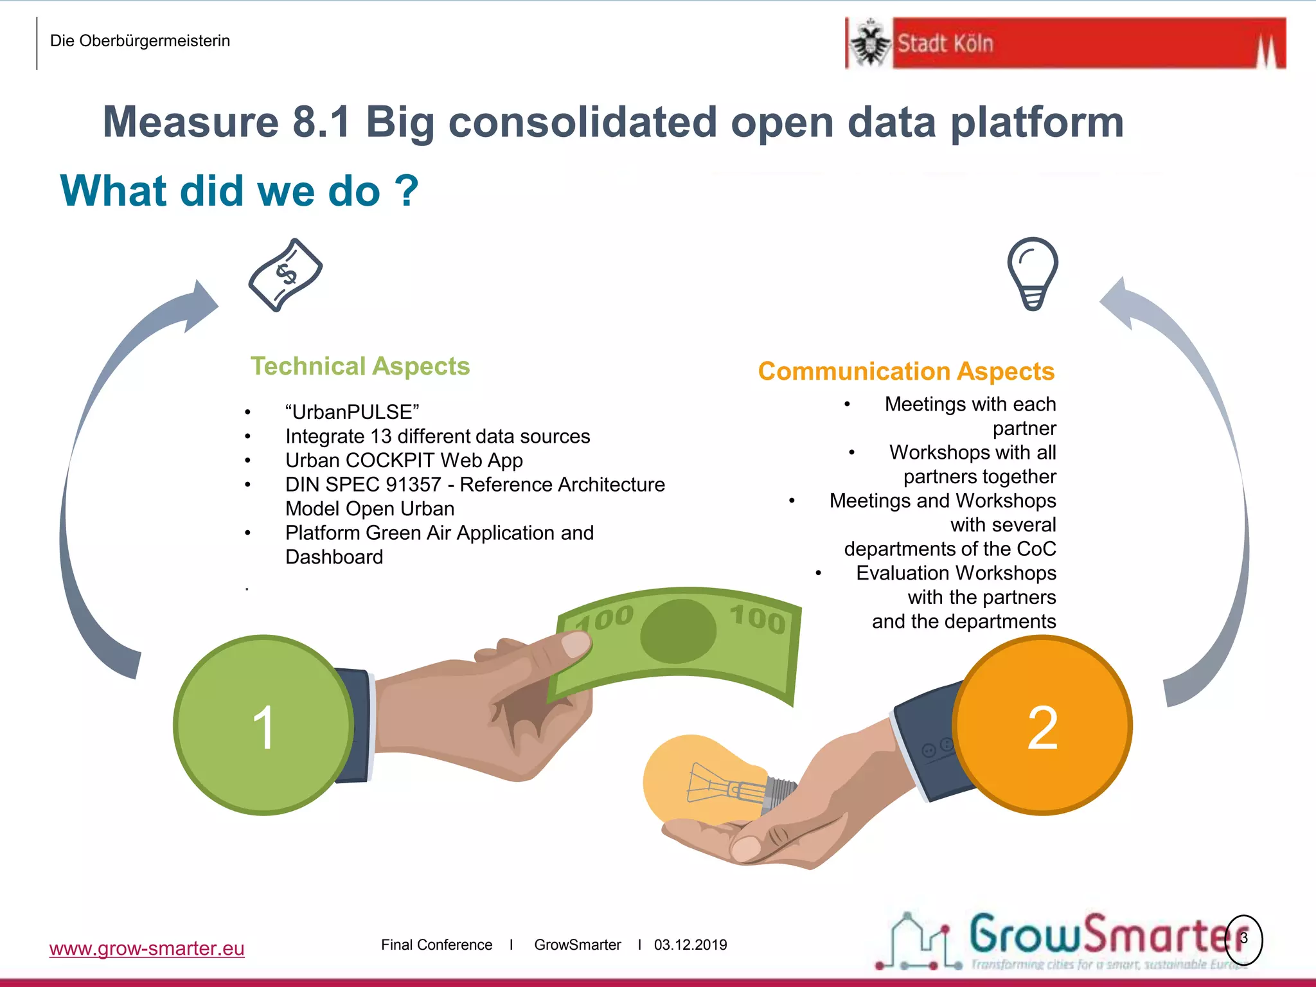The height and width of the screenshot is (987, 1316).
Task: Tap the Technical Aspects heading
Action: (x=360, y=366)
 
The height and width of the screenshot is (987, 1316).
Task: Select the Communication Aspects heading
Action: (x=906, y=371)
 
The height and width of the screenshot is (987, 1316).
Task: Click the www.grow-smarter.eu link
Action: (x=147, y=948)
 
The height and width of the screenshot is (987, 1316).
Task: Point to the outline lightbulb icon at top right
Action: (x=1032, y=272)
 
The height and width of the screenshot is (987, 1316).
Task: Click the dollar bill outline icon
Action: (x=285, y=275)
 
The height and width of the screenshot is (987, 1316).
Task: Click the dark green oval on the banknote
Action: (x=678, y=632)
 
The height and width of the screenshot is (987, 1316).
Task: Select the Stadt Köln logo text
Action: (x=945, y=44)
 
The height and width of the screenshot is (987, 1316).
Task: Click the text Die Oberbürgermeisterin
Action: (x=139, y=41)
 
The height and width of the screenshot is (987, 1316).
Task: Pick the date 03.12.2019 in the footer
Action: (x=690, y=945)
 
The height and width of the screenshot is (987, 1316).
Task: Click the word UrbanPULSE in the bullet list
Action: (x=352, y=412)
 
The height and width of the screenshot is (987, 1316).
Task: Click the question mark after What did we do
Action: (x=406, y=191)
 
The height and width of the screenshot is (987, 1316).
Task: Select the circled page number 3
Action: (x=1243, y=939)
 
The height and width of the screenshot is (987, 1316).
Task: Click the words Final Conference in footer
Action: (x=436, y=945)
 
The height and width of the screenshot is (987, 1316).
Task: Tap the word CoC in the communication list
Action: (x=1036, y=549)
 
